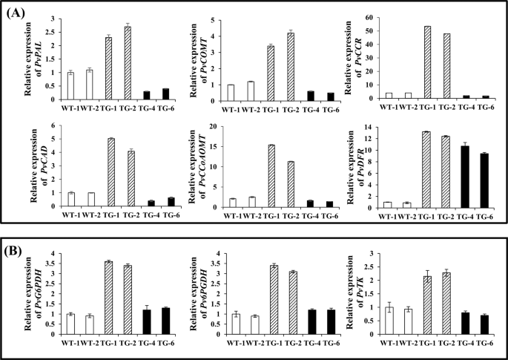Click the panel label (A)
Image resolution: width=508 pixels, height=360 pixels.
coord(19,13)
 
